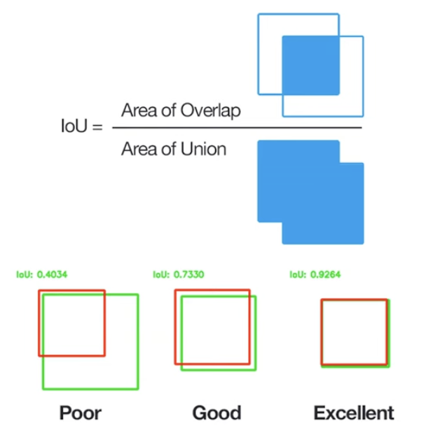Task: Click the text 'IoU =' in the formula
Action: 83,128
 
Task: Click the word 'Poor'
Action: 81,413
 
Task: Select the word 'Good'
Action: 216,413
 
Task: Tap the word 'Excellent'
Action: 354,413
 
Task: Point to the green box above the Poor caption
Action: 137,350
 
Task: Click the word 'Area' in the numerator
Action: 138,110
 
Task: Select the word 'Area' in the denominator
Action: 138,148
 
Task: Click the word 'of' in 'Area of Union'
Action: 171,148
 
